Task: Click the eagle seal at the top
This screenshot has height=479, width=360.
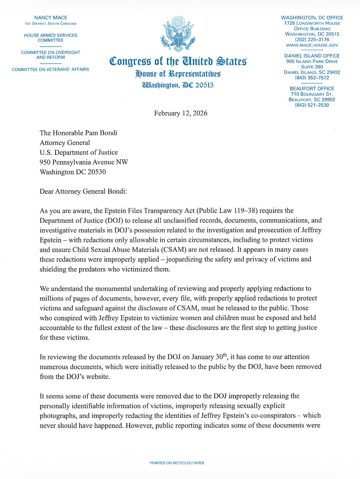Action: coord(178,33)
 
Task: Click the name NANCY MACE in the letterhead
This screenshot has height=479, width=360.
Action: coord(51,18)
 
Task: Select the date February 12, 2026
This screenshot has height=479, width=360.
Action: coord(181,113)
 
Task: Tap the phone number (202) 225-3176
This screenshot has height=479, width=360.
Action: coord(312,39)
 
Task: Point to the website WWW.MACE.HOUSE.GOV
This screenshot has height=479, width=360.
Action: coord(312,45)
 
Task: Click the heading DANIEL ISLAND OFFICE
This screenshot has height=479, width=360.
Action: coord(312,56)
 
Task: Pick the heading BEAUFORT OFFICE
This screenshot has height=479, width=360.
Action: coord(312,89)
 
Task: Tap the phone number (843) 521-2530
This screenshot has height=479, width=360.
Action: coord(312,105)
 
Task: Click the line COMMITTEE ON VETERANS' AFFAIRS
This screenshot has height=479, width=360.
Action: coord(50,69)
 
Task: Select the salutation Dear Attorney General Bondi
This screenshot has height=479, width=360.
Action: coord(83,191)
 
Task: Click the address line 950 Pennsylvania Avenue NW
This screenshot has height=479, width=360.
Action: coord(84,162)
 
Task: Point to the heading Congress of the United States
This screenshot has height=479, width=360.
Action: coord(178,61)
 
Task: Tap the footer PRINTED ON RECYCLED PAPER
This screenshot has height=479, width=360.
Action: coord(177,463)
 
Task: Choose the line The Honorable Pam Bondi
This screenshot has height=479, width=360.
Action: coord(79,133)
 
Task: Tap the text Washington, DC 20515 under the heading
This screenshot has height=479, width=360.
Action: coord(178,85)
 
